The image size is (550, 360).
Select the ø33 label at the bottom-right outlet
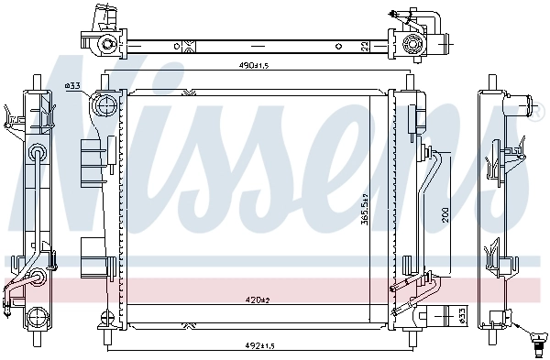(461, 316)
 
